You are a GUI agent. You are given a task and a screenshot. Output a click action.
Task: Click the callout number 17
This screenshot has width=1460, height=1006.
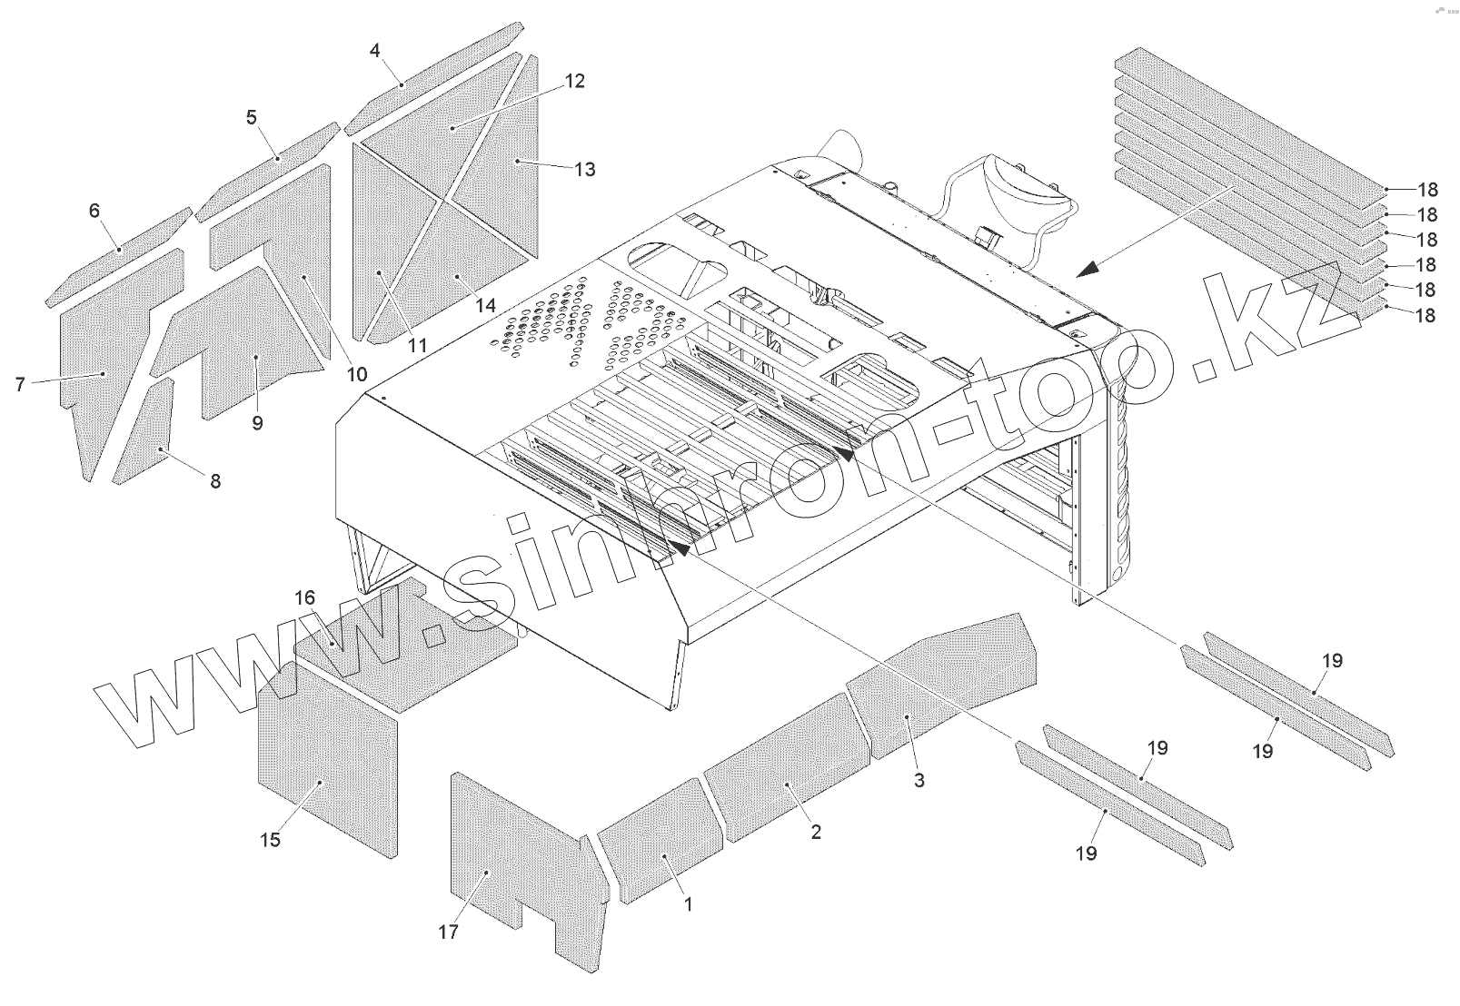pos(449,932)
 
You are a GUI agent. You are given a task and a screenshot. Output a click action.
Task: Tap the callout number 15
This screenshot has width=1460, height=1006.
pos(271,840)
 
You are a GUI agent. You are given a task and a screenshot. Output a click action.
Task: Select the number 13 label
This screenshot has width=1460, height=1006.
pos(585,169)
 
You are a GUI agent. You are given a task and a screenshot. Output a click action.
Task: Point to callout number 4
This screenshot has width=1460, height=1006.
pos(375,51)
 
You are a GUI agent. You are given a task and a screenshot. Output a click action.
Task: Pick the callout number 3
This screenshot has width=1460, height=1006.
pos(919,780)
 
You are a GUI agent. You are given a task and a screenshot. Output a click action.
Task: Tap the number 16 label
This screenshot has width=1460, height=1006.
pos(305,597)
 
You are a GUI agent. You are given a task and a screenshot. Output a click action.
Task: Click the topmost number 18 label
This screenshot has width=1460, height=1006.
pos(1427,190)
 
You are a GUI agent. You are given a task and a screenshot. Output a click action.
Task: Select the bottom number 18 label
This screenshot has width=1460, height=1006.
pos(1425,316)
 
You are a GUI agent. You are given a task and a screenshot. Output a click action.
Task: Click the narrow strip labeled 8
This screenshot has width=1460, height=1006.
pos(145,436)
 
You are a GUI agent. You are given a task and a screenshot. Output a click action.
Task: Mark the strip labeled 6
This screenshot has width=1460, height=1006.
pos(118,254)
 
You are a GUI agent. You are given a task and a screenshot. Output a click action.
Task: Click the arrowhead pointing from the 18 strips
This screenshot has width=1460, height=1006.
pos(1090,268)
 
